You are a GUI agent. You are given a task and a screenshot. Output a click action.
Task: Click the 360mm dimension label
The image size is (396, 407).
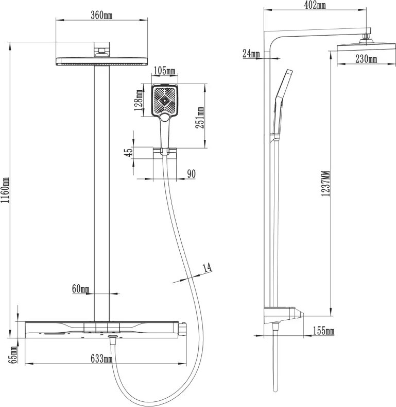(x=101, y=15)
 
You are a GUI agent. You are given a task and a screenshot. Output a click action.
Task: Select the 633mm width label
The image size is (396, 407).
(x=101, y=359)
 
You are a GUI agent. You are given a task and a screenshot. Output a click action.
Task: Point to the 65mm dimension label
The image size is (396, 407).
(x=13, y=354)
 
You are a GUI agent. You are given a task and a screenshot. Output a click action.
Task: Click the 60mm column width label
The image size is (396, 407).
(x=81, y=289)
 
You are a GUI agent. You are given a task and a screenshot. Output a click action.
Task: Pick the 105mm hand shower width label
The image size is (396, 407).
(x=165, y=71)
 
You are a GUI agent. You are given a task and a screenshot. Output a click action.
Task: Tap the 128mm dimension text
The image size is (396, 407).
(x=139, y=100)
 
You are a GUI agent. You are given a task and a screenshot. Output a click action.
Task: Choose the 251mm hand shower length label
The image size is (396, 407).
(x=200, y=118)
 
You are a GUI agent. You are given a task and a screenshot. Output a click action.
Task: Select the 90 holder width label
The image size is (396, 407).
(x=191, y=174)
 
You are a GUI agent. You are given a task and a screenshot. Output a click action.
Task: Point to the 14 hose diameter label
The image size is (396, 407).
(x=207, y=268)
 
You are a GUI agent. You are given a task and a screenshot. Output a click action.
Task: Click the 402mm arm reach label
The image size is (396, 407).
(x=315, y=5)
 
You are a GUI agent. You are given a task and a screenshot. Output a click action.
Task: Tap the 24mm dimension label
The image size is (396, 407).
(x=251, y=54)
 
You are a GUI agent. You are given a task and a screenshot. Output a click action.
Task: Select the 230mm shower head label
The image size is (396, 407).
(x=366, y=59)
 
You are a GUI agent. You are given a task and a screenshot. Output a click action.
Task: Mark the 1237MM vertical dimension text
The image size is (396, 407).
(x=326, y=183)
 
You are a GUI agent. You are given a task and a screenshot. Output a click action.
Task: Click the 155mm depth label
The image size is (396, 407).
(x=323, y=331)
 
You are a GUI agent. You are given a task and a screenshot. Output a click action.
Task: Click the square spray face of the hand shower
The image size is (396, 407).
(x=165, y=100)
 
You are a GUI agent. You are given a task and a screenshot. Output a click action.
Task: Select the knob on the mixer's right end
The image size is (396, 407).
(x=183, y=330)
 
